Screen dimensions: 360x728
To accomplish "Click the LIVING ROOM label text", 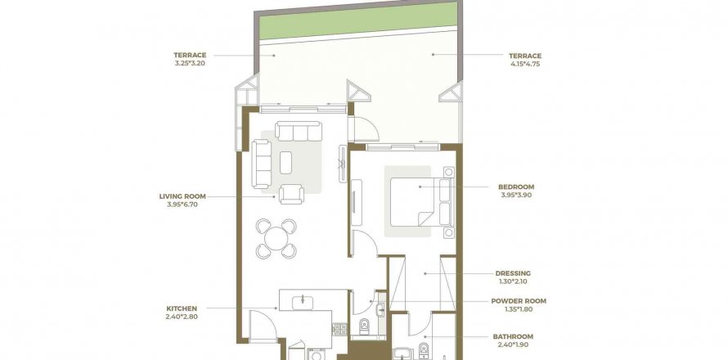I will point(182,196).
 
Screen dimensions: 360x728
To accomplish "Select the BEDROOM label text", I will point(516,187).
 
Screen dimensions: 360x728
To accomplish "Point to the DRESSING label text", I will point(513,273).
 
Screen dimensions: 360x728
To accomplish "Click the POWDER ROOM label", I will point(519,301).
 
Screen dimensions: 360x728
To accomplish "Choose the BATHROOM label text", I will point(513,336).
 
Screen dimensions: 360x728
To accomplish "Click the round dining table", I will point(276,237).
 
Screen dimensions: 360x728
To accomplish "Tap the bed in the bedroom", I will point(416,201).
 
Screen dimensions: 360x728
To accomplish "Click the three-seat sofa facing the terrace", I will point(298,131).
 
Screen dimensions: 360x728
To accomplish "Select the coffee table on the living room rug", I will point(286,162).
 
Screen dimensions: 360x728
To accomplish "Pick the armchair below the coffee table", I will point(290,195).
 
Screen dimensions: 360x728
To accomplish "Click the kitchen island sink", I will point(304,301).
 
